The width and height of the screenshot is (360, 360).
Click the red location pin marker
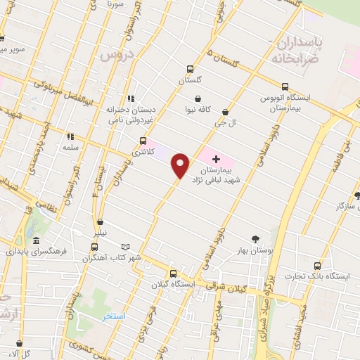pos(181,165)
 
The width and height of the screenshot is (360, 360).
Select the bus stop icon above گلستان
pos(189,69)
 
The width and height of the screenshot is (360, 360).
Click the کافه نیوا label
pos(199,110)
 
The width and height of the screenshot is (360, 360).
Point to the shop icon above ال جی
pos(225,111)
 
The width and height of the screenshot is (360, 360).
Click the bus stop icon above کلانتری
pos(143,140)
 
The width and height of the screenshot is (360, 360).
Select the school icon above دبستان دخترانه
pos(129,99)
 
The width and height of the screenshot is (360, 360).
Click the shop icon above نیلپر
pos(102,221)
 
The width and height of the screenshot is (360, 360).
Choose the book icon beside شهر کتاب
pos(127,247)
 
